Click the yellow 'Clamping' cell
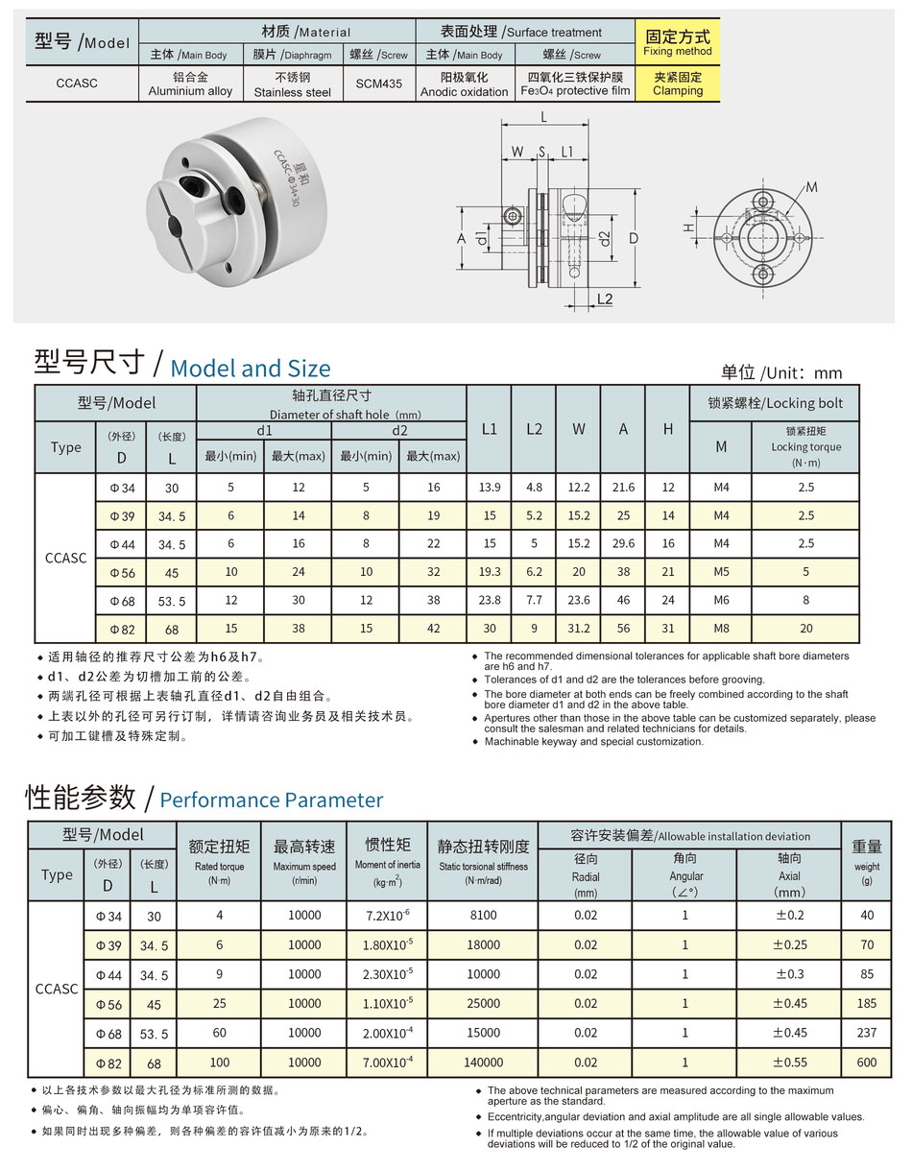click(678, 84)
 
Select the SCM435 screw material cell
click(379, 84)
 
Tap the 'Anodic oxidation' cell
click(465, 84)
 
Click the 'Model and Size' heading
click(250, 368)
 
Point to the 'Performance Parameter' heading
click(271, 800)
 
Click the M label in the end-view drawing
click(812, 186)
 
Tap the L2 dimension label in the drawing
click(604, 298)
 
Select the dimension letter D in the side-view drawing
click(635, 237)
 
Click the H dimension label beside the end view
click(688, 227)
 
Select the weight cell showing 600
click(867, 1063)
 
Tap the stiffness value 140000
click(483, 1063)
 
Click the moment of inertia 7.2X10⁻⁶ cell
click(388, 916)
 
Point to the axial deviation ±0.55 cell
click(789, 1063)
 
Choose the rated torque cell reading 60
click(219, 1033)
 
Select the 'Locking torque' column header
click(805, 446)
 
